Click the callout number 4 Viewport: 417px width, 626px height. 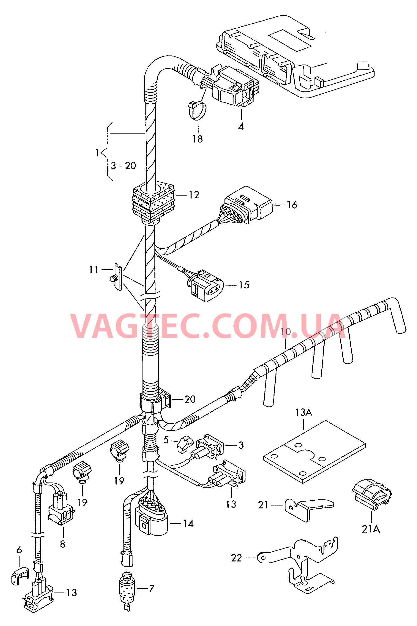[241, 126]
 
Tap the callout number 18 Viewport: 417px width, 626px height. [198, 139]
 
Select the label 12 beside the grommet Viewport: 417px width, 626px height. [194, 195]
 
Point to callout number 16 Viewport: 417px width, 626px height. [292, 205]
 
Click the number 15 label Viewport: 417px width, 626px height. [244, 285]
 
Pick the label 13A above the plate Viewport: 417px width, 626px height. [304, 412]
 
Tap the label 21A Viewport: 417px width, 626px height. [371, 529]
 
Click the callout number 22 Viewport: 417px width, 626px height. [236, 558]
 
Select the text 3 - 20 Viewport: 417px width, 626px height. [123, 166]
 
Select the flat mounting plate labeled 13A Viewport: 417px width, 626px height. [314, 451]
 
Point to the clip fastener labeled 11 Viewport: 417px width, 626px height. [116, 277]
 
